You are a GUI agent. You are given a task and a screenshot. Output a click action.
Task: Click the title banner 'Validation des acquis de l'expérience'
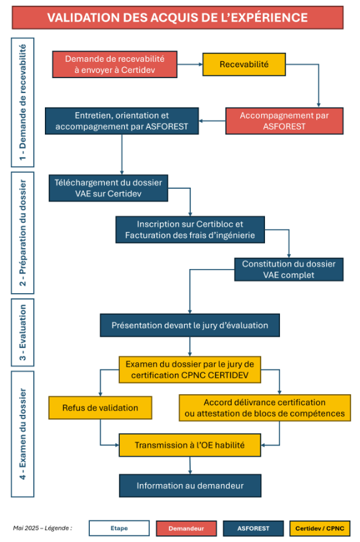178,18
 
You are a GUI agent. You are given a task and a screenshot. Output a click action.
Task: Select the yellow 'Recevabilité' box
244,64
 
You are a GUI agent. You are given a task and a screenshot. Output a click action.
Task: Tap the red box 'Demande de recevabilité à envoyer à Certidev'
115,64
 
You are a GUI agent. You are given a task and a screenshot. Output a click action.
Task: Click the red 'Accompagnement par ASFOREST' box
284,121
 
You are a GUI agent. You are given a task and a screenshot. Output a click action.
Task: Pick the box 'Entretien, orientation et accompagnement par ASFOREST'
122,121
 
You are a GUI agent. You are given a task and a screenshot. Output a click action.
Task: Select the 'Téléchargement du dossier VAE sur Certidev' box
108,188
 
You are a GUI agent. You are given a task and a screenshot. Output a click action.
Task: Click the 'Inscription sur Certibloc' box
190,229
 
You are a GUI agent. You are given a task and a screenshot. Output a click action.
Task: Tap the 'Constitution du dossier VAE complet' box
289,269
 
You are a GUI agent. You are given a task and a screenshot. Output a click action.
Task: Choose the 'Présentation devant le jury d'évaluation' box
189,325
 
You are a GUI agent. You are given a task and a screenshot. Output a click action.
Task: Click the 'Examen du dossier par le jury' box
189,369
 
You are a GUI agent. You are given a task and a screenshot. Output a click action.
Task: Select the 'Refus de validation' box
100,408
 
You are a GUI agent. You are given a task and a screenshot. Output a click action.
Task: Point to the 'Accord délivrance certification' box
265,408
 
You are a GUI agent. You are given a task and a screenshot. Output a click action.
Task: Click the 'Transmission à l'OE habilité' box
189,445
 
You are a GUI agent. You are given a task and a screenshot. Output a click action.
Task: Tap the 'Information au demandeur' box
190,486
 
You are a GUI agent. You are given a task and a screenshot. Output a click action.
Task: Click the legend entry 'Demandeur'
186,528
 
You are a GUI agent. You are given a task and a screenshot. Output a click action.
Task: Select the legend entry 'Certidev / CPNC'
320,528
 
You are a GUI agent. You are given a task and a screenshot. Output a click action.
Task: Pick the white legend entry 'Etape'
119,528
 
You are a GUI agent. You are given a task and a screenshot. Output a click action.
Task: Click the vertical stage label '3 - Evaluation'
22,332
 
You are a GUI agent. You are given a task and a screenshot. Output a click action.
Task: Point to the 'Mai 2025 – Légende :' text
42,528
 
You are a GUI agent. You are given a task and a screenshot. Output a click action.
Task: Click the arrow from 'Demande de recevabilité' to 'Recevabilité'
189,64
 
